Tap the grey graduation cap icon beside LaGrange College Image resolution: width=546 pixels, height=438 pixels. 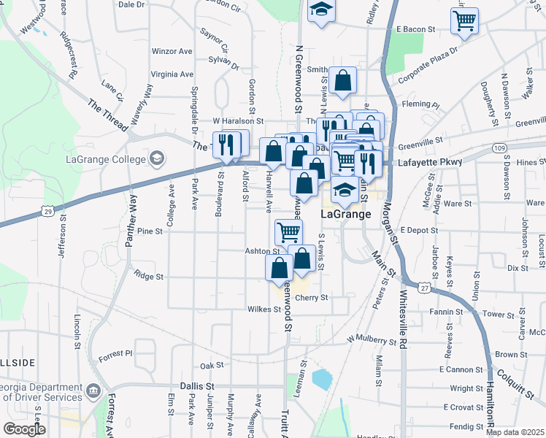tap(156, 158)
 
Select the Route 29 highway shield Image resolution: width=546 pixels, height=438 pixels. tap(47, 211)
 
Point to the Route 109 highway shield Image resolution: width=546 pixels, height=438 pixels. tap(499, 147)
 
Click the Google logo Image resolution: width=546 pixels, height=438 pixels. tap(23, 429)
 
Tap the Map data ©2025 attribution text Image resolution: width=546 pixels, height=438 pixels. tap(515, 432)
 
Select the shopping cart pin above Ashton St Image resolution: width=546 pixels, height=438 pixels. tap(288, 232)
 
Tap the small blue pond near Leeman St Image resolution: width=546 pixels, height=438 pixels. tap(320, 378)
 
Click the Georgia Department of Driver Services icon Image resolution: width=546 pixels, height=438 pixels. tap(93, 391)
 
